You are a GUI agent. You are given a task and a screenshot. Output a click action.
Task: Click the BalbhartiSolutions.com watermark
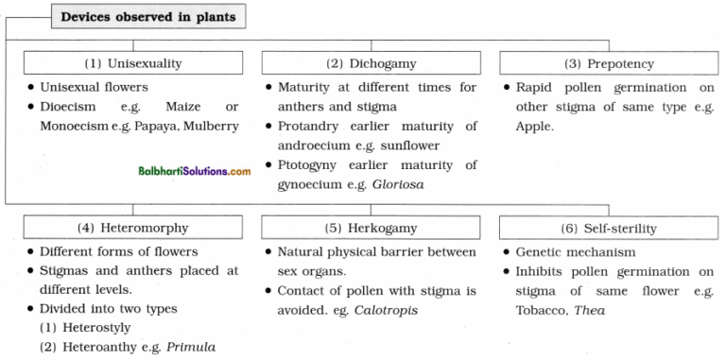tap(192, 171)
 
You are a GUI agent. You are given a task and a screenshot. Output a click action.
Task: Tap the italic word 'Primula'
tap(191, 348)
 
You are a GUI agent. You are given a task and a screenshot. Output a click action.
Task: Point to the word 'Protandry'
tap(309, 127)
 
